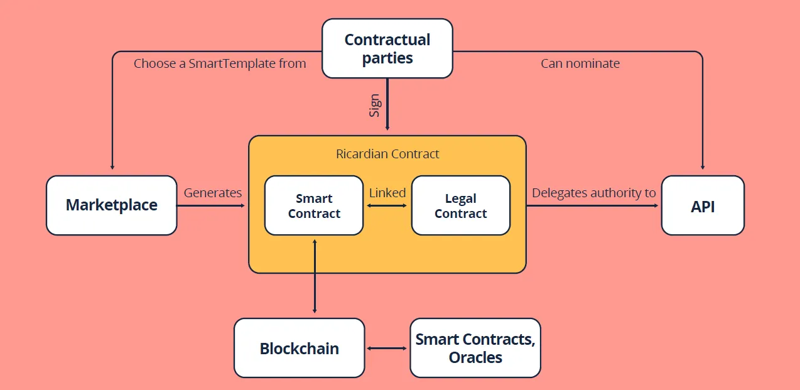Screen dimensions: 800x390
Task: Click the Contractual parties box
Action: tap(387, 48)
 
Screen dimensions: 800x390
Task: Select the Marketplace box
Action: tap(111, 205)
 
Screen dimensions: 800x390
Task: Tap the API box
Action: tap(703, 205)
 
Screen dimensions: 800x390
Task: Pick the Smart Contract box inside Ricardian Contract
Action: tap(314, 205)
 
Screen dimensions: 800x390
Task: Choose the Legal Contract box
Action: tap(461, 205)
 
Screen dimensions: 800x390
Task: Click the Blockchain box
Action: tap(300, 348)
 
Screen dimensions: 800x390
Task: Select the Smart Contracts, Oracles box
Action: tap(475, 348)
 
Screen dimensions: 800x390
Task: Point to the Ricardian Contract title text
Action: tap(387, 154)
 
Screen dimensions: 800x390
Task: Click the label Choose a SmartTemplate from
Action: tap(220, 63)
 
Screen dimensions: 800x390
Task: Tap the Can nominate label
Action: tap(580, 63)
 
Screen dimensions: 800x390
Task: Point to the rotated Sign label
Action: tap(375, 106)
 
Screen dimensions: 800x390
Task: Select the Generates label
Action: tap(213, 193)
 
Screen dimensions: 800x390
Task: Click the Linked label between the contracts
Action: tap(387, 193)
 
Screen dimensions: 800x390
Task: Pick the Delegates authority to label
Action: tap(594, 193)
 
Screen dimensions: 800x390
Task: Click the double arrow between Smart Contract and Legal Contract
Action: tap(387, 206)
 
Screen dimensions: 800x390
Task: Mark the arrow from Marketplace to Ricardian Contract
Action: tap(211, 206)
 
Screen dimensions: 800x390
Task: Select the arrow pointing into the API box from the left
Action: tap(592, 206)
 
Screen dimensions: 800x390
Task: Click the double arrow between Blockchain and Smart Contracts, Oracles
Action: tap(387, 348)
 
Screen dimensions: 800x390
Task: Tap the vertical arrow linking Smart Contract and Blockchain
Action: tap(315, 276)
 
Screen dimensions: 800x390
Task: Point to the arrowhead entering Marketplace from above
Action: tap(112, 167)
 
